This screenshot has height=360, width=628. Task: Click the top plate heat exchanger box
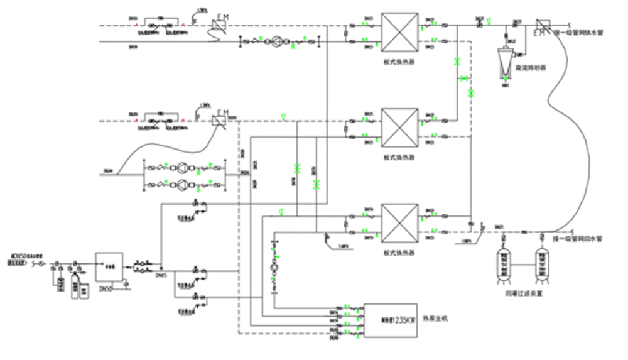(x=400, y=33)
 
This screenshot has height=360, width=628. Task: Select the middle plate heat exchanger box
(x=400, y=128)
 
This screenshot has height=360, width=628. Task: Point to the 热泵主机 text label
(x=436, y=319)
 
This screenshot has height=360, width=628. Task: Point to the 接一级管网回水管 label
(x=578, y=239)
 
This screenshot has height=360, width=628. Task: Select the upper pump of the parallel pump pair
(x=183, y=168)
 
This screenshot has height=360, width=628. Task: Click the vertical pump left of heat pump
(x=273, y=268)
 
